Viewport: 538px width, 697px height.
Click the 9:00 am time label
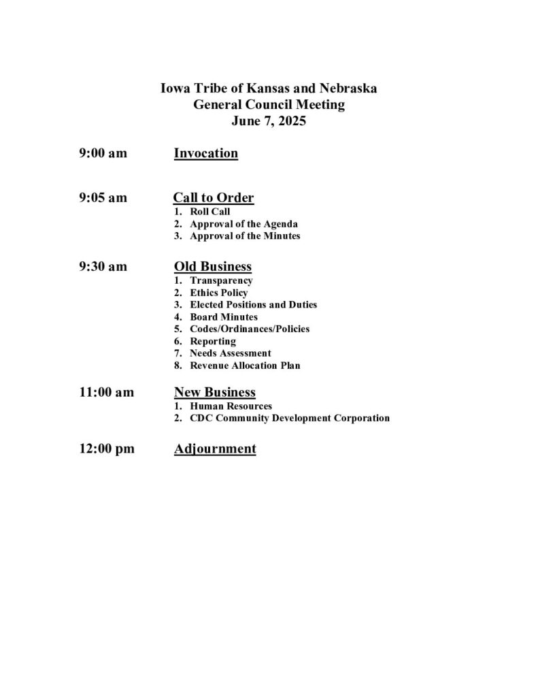[x=103, y=153]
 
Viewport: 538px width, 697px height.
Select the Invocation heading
[x=205, y=153]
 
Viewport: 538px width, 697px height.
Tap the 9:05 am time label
[x=103, y=198]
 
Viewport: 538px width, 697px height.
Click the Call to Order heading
[x=213, y=198]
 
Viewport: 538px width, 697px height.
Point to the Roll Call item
[x=210, y=212]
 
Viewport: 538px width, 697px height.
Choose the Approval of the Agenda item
[x=243, y=224]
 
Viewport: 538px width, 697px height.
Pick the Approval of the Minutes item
[x=245, y=236]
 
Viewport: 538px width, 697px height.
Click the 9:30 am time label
[x=103, y=266]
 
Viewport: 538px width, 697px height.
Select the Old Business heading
[x=213, y=266]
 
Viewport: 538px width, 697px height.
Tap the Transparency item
[x=221, y=280]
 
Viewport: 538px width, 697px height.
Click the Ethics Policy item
[x=219, y=293]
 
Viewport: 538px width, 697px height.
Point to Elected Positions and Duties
[x=253, y=305]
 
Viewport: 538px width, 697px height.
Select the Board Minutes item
[x=224, y=317]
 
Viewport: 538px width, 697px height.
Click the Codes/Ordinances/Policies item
[x=250, y=329]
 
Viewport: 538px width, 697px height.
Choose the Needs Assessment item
[x=231, y=353]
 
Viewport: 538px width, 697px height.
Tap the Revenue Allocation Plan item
[x=245, y=366]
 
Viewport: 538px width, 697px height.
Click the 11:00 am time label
[x=106, y=392]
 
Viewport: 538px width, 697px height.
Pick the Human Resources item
[x=231, y=406]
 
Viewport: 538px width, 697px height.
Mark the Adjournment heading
[x=215, y=449]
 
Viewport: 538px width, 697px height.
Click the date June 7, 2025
[x=269, y=122]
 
